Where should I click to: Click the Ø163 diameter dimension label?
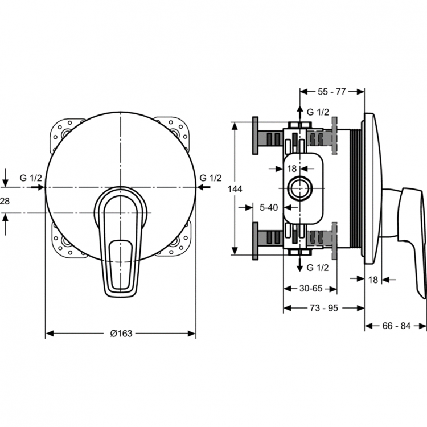tap(121, 333)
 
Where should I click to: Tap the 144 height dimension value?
tap(235, 188)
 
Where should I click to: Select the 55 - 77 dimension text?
tap(332, 92)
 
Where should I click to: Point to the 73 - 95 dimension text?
tap(324, 308)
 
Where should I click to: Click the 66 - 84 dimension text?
tap(396, 326)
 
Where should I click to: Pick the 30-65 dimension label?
tap(311, 288)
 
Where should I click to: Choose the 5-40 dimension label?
tap(269, 207)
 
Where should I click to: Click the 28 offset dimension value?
tap(5, 201)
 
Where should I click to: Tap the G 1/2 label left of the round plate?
tap(31, 178)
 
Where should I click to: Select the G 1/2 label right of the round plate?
tap(211, 178)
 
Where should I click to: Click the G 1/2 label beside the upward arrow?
tap(318, 112)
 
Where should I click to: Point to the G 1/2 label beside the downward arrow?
tap(318, 268)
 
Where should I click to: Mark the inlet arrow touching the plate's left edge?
tap(38, 187)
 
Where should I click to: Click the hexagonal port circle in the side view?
tap(300, 188)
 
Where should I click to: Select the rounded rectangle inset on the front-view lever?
tap(120, 265)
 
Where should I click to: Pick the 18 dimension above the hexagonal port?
tap(291, 169)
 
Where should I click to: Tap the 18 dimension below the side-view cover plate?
tap(373, 280)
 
